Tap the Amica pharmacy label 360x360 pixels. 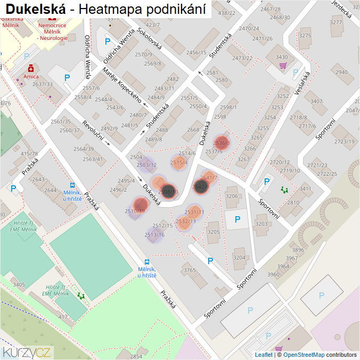[x=31, y=76]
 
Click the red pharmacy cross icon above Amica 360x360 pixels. [x=31, y=68]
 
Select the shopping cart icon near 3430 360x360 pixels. [x=282, y=66]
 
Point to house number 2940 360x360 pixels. [x=341, y=72]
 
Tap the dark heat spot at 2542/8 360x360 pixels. [x=201, y=186]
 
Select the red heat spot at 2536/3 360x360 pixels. [x=221, y=143]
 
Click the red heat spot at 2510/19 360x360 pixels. [x=140, y=204]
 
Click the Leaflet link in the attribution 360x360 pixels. [x=264, y=355]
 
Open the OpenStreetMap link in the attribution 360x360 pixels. [x=304, y=355]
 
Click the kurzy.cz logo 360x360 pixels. [x=27, y=352]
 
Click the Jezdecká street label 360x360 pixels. [x=342, y=9]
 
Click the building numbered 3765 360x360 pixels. [x=190, y=271]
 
